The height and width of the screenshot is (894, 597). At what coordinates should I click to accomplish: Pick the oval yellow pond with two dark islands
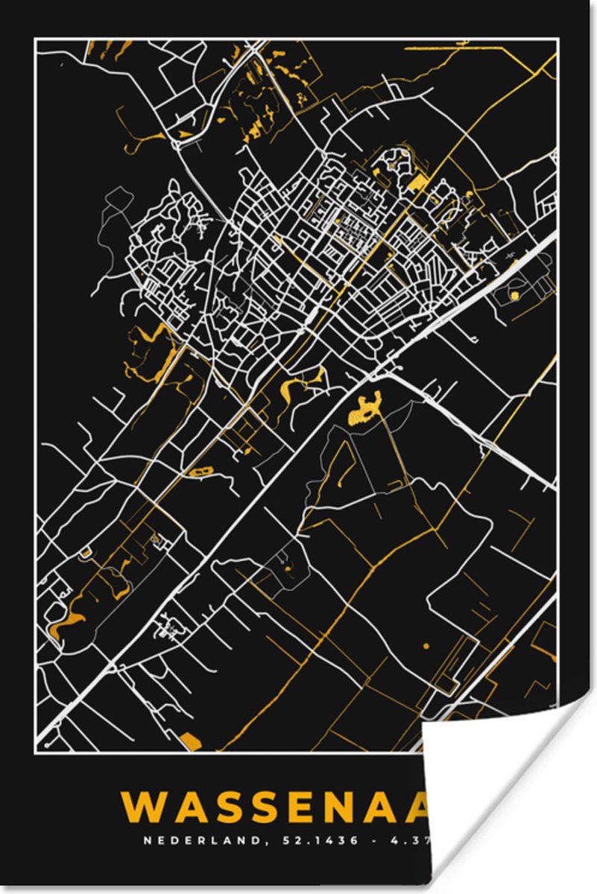tap(200, 472)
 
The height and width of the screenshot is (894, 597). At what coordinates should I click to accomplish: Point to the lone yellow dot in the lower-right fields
tap(426, 646)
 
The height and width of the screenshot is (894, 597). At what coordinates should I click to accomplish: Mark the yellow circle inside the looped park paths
tap(513, 297)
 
